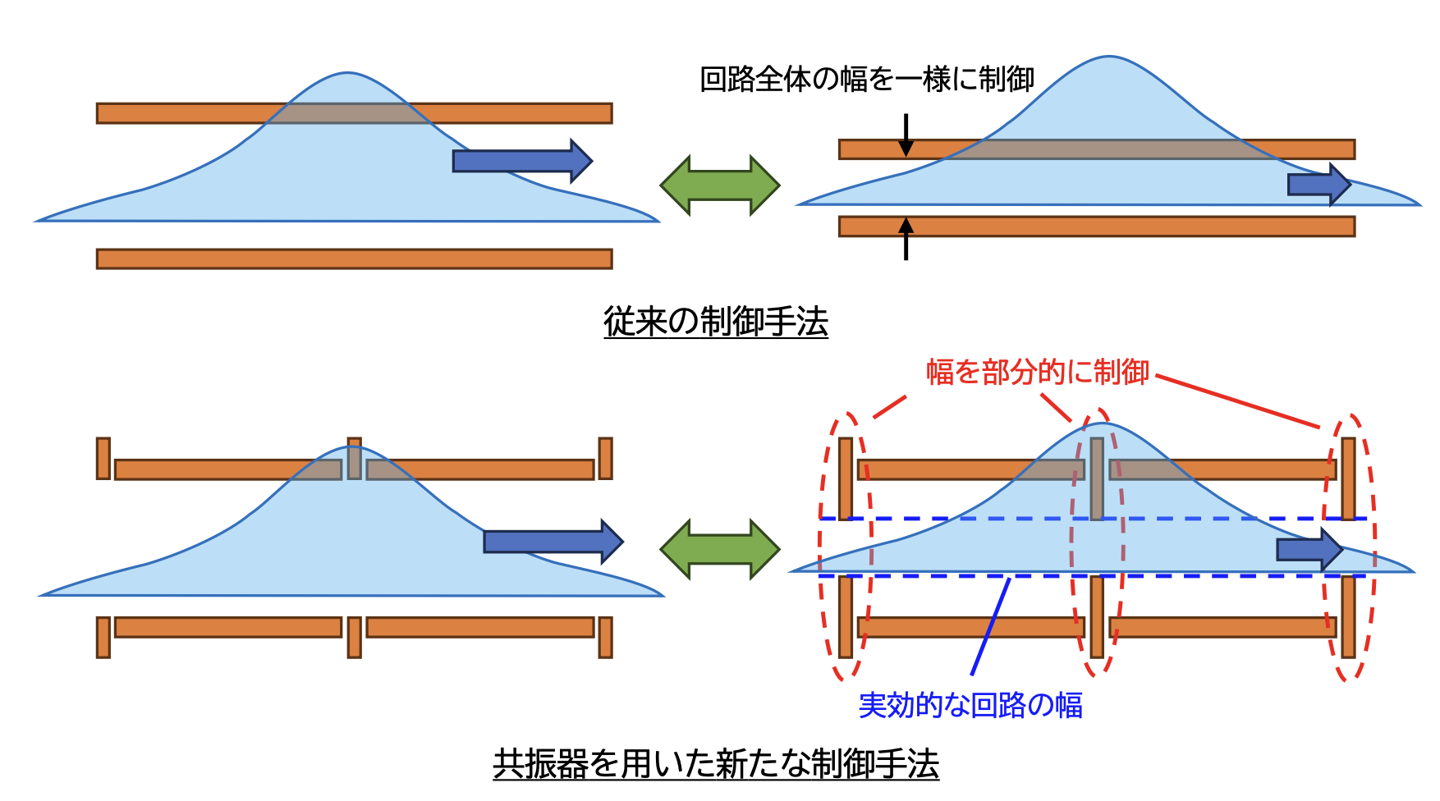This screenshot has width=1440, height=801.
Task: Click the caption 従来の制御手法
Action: coord(715,321)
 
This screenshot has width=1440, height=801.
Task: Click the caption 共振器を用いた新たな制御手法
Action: coord(715,764)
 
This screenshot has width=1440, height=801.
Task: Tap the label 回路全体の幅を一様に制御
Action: coord(866,80)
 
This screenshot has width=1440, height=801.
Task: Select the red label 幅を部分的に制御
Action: coord(1038,372)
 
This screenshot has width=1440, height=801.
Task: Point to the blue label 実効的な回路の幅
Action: coord(970,705)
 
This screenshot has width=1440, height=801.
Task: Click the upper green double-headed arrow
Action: coord(720,185)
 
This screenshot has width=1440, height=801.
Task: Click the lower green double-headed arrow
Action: coord(720,548)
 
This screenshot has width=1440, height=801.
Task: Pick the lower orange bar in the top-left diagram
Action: coord(354,259)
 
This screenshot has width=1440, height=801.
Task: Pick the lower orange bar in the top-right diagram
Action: coord(1096,227)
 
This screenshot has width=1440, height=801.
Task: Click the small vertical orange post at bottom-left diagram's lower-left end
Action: coord(103,638)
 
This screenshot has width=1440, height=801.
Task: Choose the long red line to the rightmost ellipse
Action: coord(1237,401)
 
